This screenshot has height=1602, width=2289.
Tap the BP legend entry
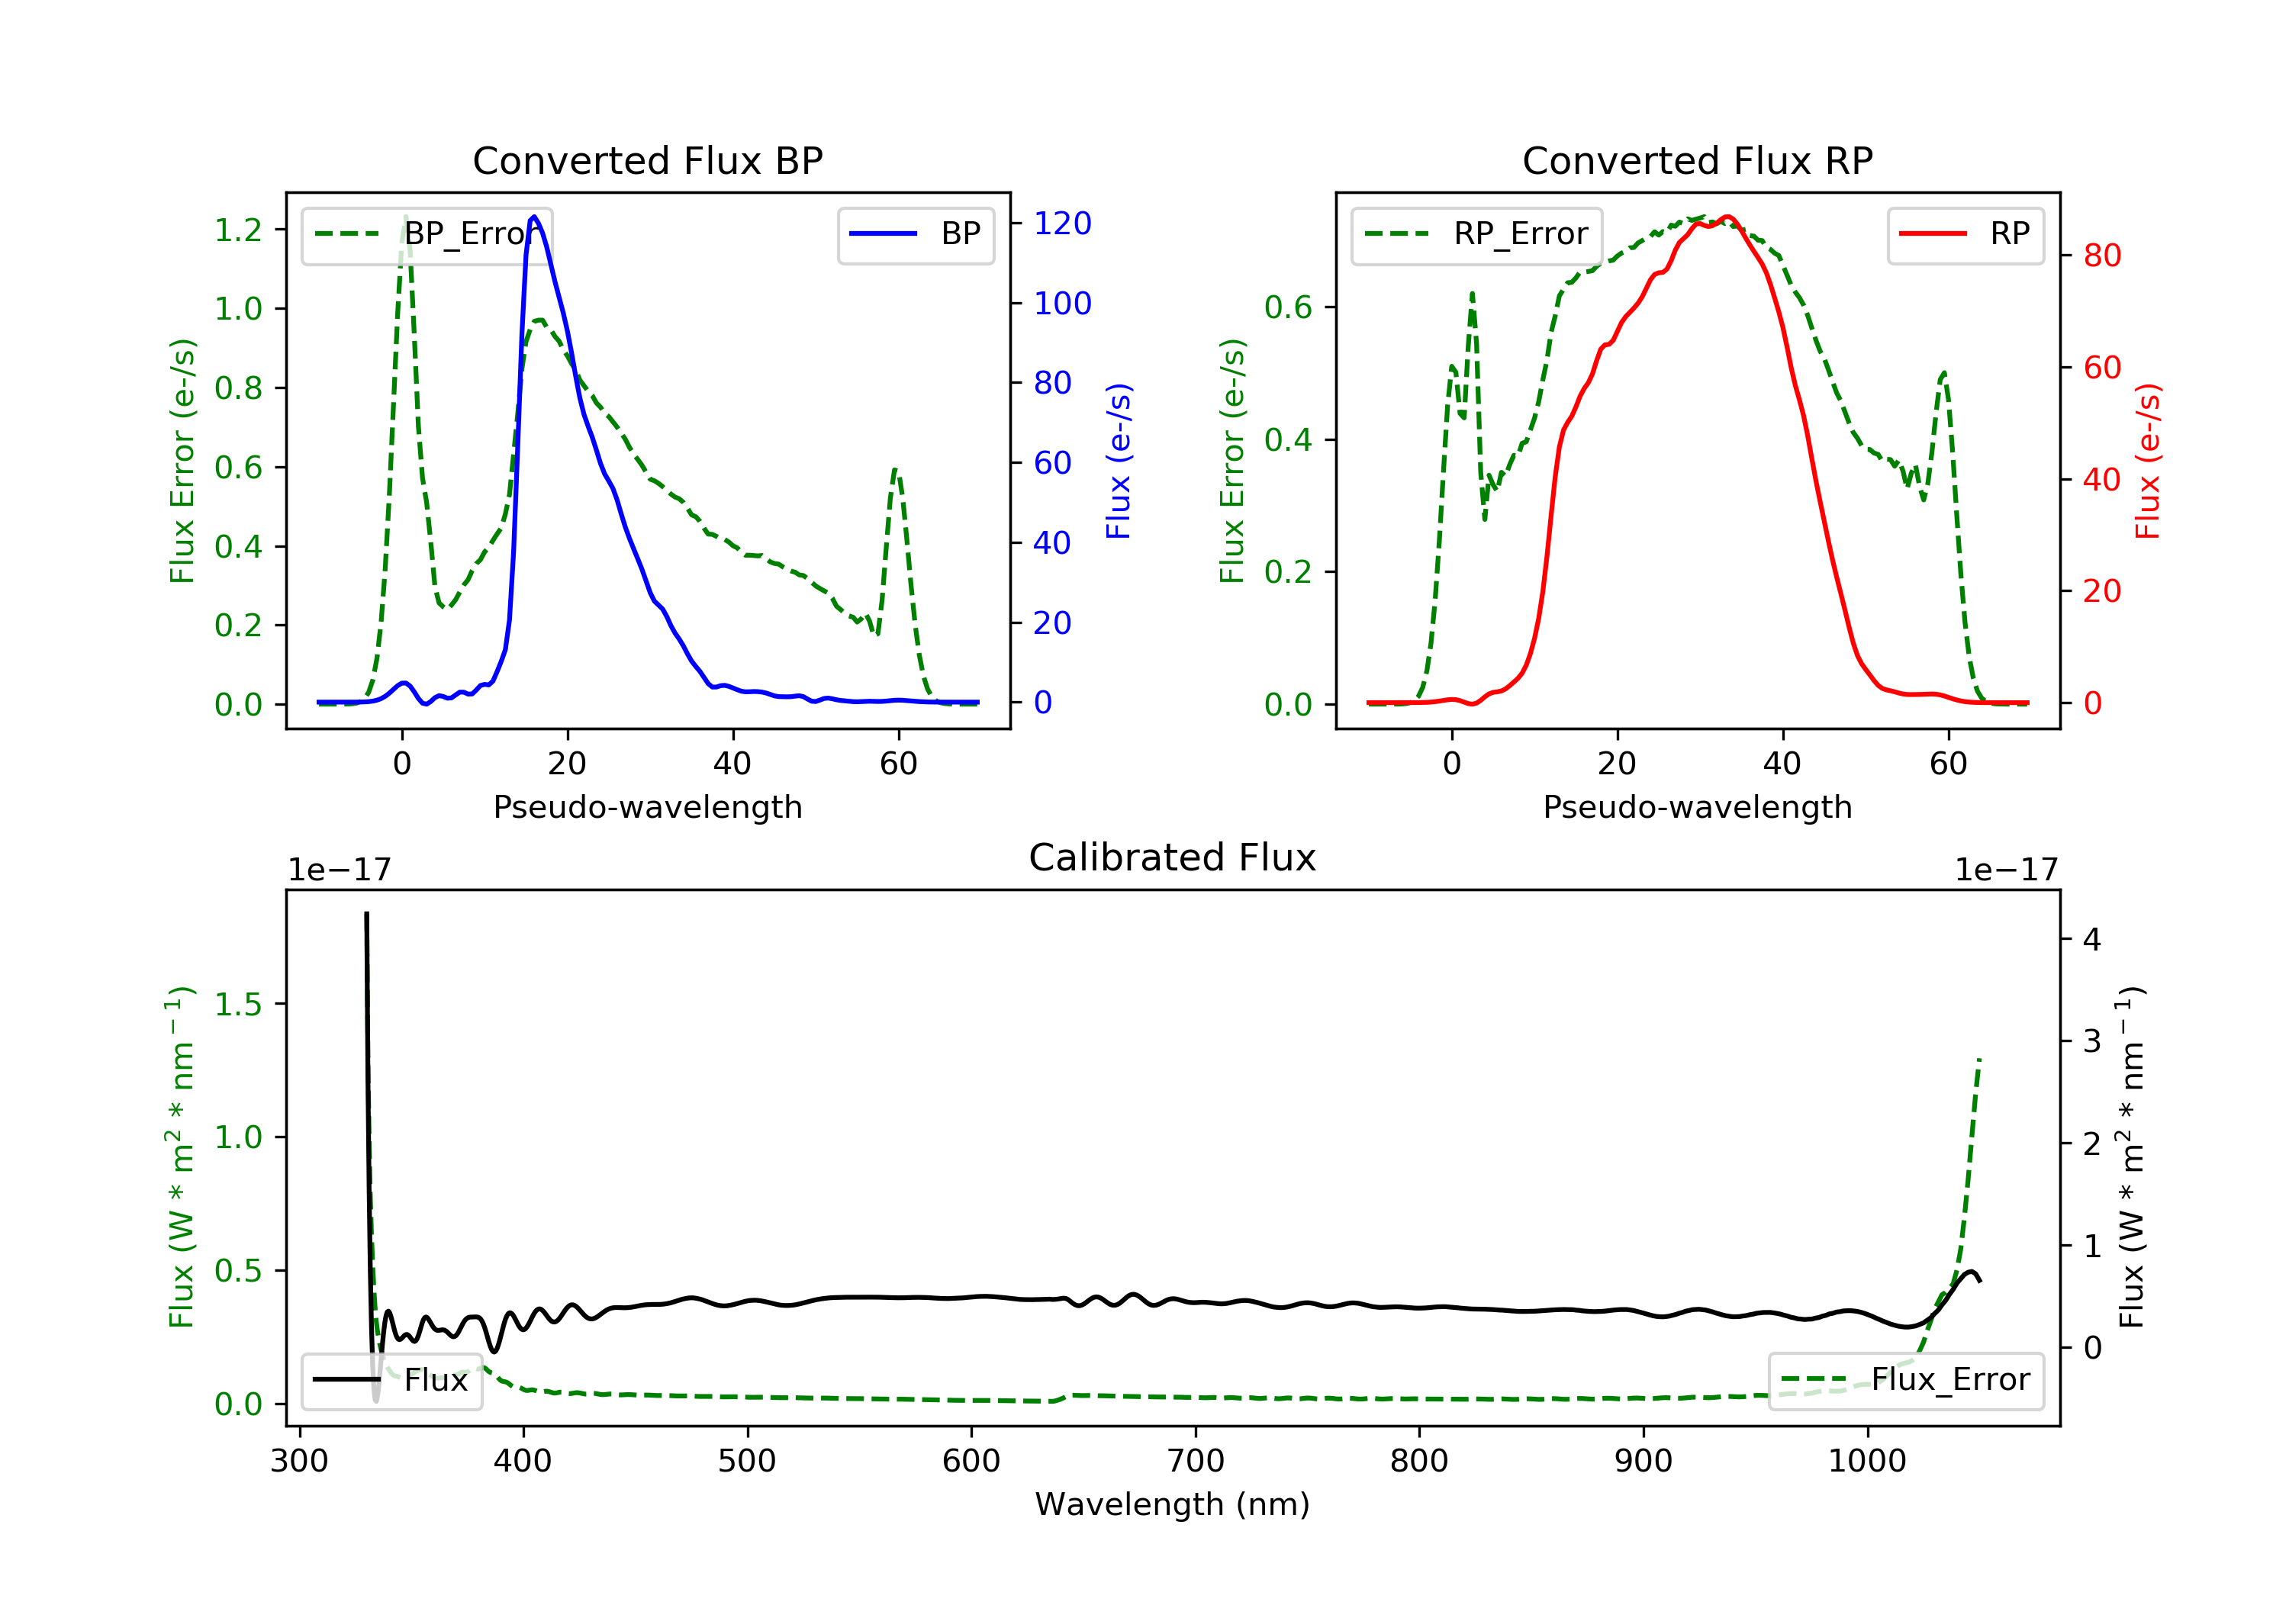pos(916,234)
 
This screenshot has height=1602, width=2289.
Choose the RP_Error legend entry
pos(1476,234)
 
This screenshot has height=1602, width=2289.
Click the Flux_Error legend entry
pos(1905,1380)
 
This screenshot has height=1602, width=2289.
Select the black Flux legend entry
pos(392,1380)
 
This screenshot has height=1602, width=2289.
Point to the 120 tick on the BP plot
pos(1062,224)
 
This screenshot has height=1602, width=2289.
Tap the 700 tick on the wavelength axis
pos(1196,1462)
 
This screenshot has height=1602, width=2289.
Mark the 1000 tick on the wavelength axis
pos(1866,1462)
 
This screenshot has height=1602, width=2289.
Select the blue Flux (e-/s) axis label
pos(1119,461)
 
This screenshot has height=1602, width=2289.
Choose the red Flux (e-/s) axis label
pos(2147,461)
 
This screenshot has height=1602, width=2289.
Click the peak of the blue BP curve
pos(534,217)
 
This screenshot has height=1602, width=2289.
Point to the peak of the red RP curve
pos(1727,217)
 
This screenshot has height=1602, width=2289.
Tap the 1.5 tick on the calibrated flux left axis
pos(238,1004)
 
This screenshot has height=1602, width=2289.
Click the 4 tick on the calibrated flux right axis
pos(2091,940)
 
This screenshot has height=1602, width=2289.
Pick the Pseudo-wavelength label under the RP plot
pos(1697,807)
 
